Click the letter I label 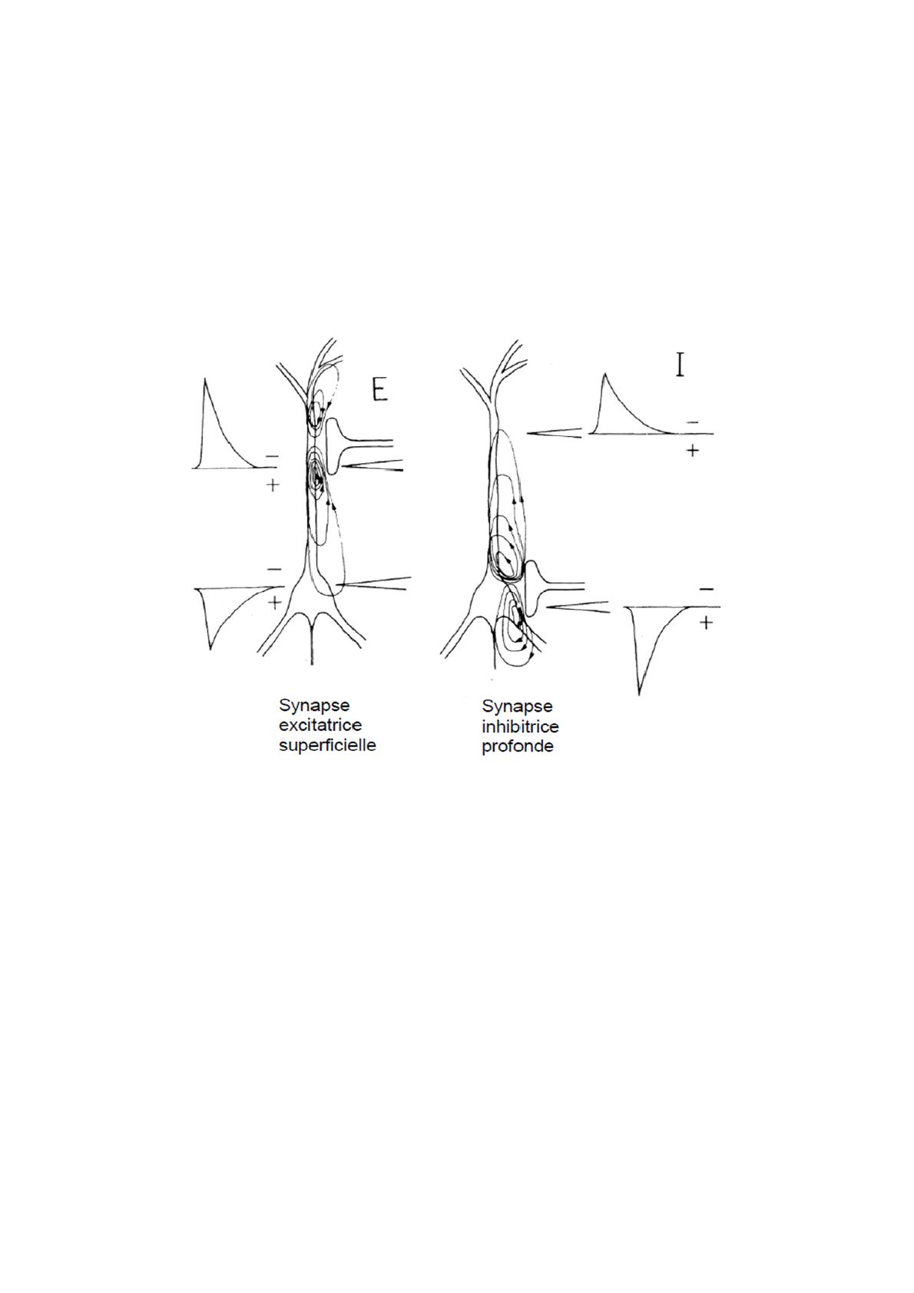(x=681, y=364)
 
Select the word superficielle (x=327, y=746)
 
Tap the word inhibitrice (x=520, y=726)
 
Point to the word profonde (x=518, y=746)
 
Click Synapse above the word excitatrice (x=314, y=706)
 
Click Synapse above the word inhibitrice (x=518, y=706)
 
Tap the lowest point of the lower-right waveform (x=638, y=694)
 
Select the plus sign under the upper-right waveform (x=692, y=450)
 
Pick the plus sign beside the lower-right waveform (x=706, y=623)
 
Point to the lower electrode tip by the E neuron (x=339, y=584)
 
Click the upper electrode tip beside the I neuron (x=529, y=433)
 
